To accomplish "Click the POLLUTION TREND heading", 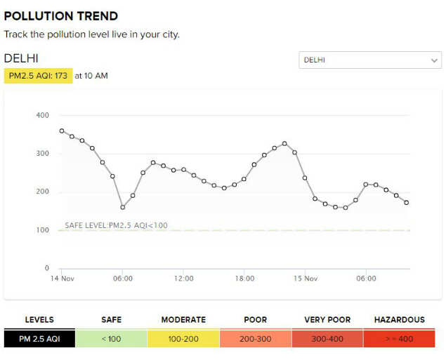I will (61, 16).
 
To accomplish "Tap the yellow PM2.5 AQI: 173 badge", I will (38, 75).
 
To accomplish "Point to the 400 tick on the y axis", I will (42, 115).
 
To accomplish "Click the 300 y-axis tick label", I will (42, 154).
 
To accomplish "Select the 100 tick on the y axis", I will (42, 230).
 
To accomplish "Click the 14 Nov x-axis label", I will (63, 279).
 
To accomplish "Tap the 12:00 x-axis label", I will (184, 279).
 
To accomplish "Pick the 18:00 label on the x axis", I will (244, 279).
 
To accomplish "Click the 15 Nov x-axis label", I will (306, 279).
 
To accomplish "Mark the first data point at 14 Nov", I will (62, 131).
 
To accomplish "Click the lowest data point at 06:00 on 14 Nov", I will (123, 207).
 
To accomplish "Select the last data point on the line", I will (407, 203).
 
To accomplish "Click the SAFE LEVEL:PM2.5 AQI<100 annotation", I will (116, 225).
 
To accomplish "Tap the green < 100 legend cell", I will (111, 339).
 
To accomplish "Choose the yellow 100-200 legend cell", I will (183, 339).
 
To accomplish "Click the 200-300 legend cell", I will (255, 339).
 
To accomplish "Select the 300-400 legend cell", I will (327, 339).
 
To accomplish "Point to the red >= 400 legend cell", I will (400, 339).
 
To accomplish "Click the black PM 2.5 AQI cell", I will (39, 339).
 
